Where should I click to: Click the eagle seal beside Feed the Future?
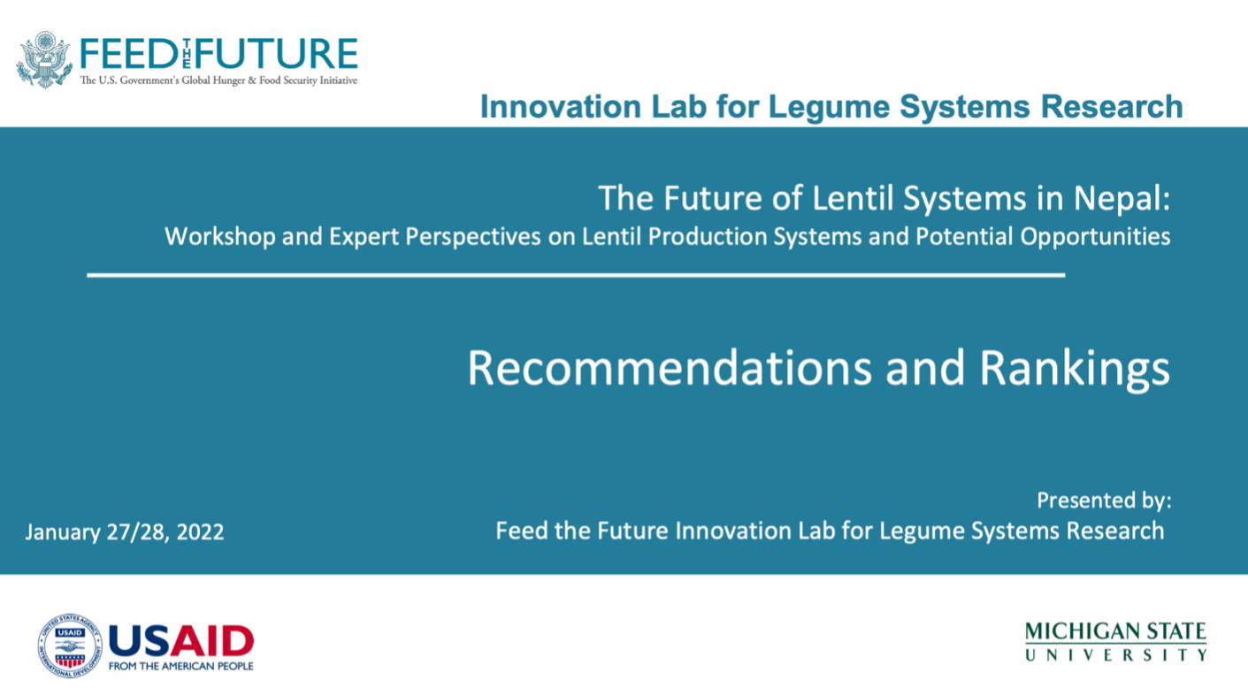(x=44, y=59)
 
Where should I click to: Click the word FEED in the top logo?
(x=129, y=54)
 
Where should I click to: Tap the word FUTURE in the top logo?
(x=276, y=54)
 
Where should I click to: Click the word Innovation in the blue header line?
(x=561, y=106)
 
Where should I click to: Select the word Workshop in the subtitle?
(x=220, y=237)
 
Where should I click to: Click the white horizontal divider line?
(x=576, y=275)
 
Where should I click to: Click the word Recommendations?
(x=670, y=368)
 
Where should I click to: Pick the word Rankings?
(x=1075, y=369)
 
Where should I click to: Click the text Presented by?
(x=1104, y=501)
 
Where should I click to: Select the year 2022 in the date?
(x=200, y=532)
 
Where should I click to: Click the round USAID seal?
(x=70, y=646)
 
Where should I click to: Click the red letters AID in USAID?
(x=212, y=641)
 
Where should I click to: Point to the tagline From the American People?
(x=181, y=667)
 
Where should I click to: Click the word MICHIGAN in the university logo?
(x=1077, y=632)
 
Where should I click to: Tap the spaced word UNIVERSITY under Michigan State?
(x=1116, y=654)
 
